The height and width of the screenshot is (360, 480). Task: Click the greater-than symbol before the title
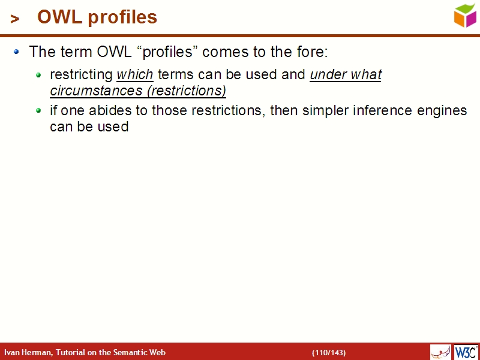(x=15, y=19)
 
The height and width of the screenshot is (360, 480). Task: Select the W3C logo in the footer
(x=466, y=352)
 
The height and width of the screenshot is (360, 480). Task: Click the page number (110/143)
(x=328, y=352)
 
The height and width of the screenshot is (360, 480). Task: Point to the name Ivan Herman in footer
(x=28, y=352)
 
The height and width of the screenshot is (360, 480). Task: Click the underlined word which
(x=135, y=75)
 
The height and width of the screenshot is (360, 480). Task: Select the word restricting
(x=81, y=75)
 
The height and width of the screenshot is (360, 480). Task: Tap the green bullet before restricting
(x=39, y=76)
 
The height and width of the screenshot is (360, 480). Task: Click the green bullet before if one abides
(x=39, y=111)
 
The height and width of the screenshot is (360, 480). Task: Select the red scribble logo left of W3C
(x=440, y=352)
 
